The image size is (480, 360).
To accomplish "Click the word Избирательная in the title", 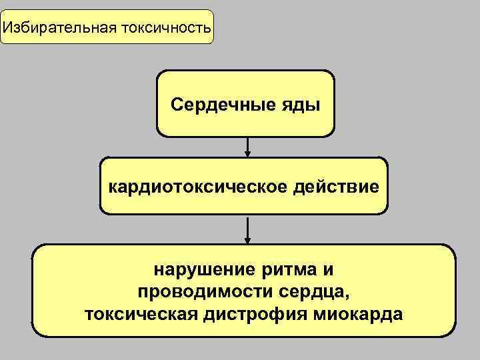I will click(x=58, y=28).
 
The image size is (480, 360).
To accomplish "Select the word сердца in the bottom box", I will click(x=310, y=293).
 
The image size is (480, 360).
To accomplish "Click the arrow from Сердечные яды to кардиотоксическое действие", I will click(x=248, y=147).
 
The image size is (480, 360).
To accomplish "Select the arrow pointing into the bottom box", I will click(x=248, y=231).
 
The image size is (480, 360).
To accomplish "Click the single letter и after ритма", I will click(x=327, y=271).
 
